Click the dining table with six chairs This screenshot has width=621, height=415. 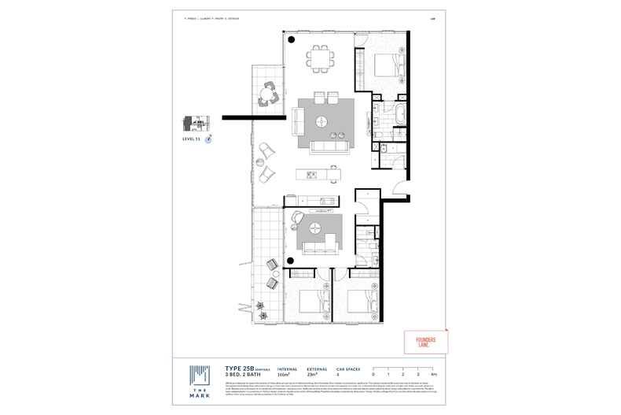[320, 57]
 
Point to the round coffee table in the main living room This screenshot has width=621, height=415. [324, 121]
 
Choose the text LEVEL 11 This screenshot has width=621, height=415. [193, 139]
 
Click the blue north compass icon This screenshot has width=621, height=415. [209, 138]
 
